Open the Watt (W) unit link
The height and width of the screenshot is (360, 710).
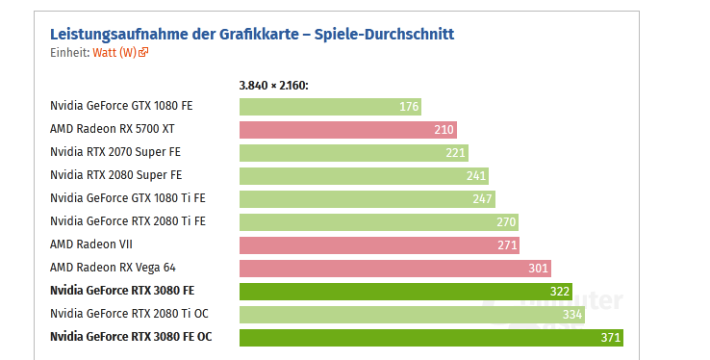point(114,53)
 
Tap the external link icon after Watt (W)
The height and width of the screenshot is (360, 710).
point(143,53)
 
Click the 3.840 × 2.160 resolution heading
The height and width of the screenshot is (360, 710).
point(273,86)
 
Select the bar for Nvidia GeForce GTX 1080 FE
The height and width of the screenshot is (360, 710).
point(330,106)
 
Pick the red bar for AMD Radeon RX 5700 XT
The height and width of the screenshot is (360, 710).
point(347,129)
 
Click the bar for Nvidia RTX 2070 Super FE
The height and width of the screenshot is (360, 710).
point(353,152)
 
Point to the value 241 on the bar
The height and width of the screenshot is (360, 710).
point(476,175)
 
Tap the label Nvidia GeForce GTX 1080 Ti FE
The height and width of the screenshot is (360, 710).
point(128,198)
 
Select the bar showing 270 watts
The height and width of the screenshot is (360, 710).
point(378,221)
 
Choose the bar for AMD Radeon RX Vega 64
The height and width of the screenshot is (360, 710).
point(394,268)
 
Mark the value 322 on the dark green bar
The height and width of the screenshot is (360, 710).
point(560,291)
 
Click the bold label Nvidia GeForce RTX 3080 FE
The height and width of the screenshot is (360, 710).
point(122,290)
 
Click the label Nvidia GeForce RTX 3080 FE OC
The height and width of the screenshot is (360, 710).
point(131,337)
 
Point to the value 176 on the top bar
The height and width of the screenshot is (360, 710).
point(409,106)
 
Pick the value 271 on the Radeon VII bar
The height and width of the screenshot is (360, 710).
point(507,244)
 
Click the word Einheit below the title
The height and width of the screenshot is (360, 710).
point(68,53)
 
